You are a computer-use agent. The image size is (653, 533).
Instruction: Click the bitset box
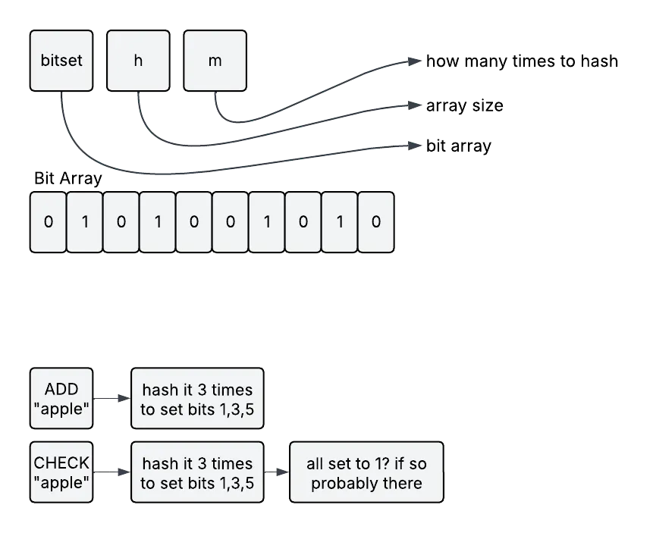(61, 61)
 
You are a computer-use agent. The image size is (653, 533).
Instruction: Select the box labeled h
(138, 61)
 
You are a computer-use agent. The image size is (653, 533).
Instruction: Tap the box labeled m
(215, 61)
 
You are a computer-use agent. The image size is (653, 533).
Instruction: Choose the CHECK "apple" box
(61, 472)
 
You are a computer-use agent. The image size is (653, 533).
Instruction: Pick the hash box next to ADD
(197, 400)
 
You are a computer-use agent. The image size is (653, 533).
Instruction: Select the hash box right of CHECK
(197, 473)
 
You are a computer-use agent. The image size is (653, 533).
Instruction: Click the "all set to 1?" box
(366, 473)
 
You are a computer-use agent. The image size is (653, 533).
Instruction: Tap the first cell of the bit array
(49, 222)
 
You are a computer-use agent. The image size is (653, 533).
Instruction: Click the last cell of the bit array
(376, 222)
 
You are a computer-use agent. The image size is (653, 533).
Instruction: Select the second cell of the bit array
(85, 222)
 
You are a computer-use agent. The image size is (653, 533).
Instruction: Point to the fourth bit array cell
(158, 222)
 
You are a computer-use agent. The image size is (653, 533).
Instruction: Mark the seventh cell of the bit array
(267, 222)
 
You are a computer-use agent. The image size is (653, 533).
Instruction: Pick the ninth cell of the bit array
(340, 222)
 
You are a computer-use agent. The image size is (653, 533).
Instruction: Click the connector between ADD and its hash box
(111, 400)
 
